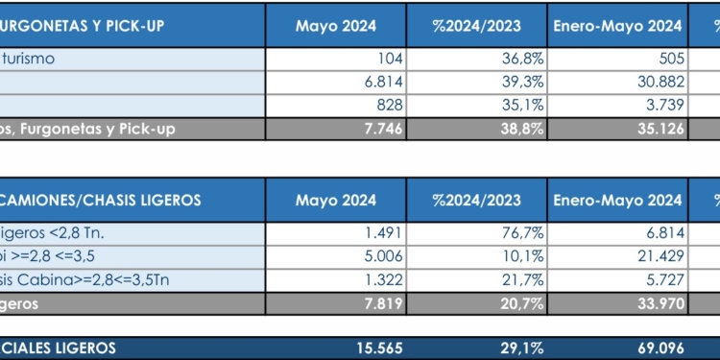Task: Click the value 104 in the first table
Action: tap(389, 59)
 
